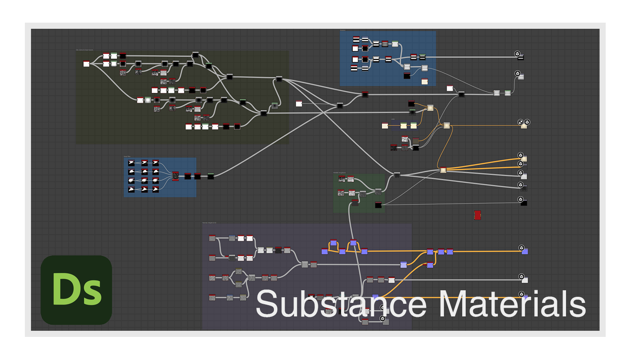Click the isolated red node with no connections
pyautogui.click(x=478, y=215)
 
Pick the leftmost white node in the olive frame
pyautogui.click(x=86, y=64)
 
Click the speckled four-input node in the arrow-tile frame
pyautogui.click(x=175, y=176)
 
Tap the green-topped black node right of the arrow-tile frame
pyautogui.click(x=211, y=176)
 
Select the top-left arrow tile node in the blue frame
pyautogui.click(x=132, y=163)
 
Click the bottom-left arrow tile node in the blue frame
pyautogui.click(x=132, y=190)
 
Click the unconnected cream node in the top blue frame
pyautogui.click(x=424, y=82)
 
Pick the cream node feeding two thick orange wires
pyautogui.click(x=443, y=170)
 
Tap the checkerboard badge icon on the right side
pyautogui.click(x=520, y=122)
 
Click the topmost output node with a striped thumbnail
pyautogui.click(x=520, y=57)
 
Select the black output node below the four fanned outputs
pyautogui.click(x=523, y=203)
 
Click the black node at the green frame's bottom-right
pyautogui.click(x=378, y=205)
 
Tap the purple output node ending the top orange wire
pyautogui.click(x=525, y=251)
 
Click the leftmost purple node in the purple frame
pyautogui.click(x=324, y=251)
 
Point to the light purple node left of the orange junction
pyautogui.click(x=403, y=265)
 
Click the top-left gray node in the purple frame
pyautogui.click(x=212, y=238)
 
